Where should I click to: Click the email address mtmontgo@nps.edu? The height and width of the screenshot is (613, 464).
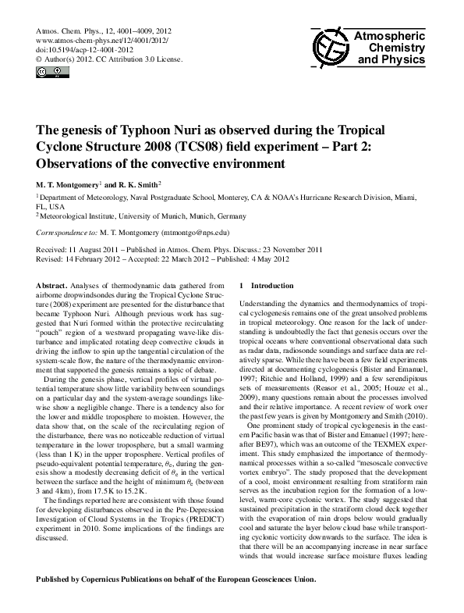tap(192, 233)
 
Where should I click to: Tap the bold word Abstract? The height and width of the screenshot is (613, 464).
tap(54, 286)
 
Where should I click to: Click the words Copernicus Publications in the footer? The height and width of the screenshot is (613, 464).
tap(124, 579)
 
